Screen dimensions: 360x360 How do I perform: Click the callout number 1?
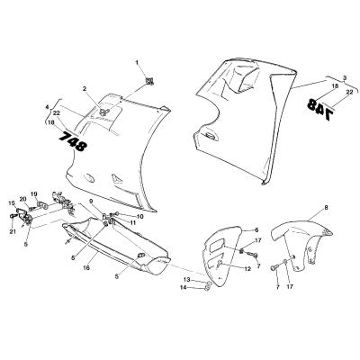click(137, 63)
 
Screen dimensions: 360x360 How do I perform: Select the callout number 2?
click(85, 89)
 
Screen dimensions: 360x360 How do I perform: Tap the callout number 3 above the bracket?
click(345, 77)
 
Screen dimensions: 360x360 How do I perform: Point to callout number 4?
click(47, 107)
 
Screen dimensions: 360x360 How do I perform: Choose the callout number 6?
click(256, 229)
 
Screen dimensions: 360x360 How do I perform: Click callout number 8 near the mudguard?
click(326, 207)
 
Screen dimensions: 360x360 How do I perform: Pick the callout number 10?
click(139, 217)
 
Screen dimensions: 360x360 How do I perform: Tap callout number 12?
click(247, 269)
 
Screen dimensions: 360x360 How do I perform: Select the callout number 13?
click(186, 280)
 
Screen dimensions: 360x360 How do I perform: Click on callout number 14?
click(184, 287)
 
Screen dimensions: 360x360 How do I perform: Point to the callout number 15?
click(12, 203)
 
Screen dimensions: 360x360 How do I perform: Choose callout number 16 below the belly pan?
click(86, 268)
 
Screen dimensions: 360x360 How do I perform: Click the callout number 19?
click(33, 193)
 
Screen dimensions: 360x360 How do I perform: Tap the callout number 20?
click(23, 199)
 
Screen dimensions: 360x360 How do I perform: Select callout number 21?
click(13, 231)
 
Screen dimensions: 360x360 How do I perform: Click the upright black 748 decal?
click(73, 141)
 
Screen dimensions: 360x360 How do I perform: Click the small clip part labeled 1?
click(149, 81)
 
